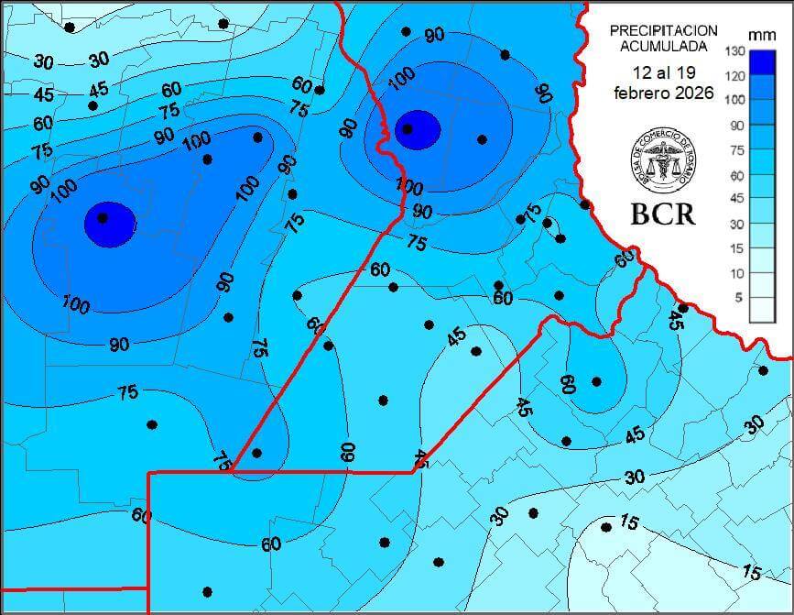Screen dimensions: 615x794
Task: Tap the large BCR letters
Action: click(x=662, y=214)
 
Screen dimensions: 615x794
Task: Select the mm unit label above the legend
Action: click(x=761, y=35)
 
